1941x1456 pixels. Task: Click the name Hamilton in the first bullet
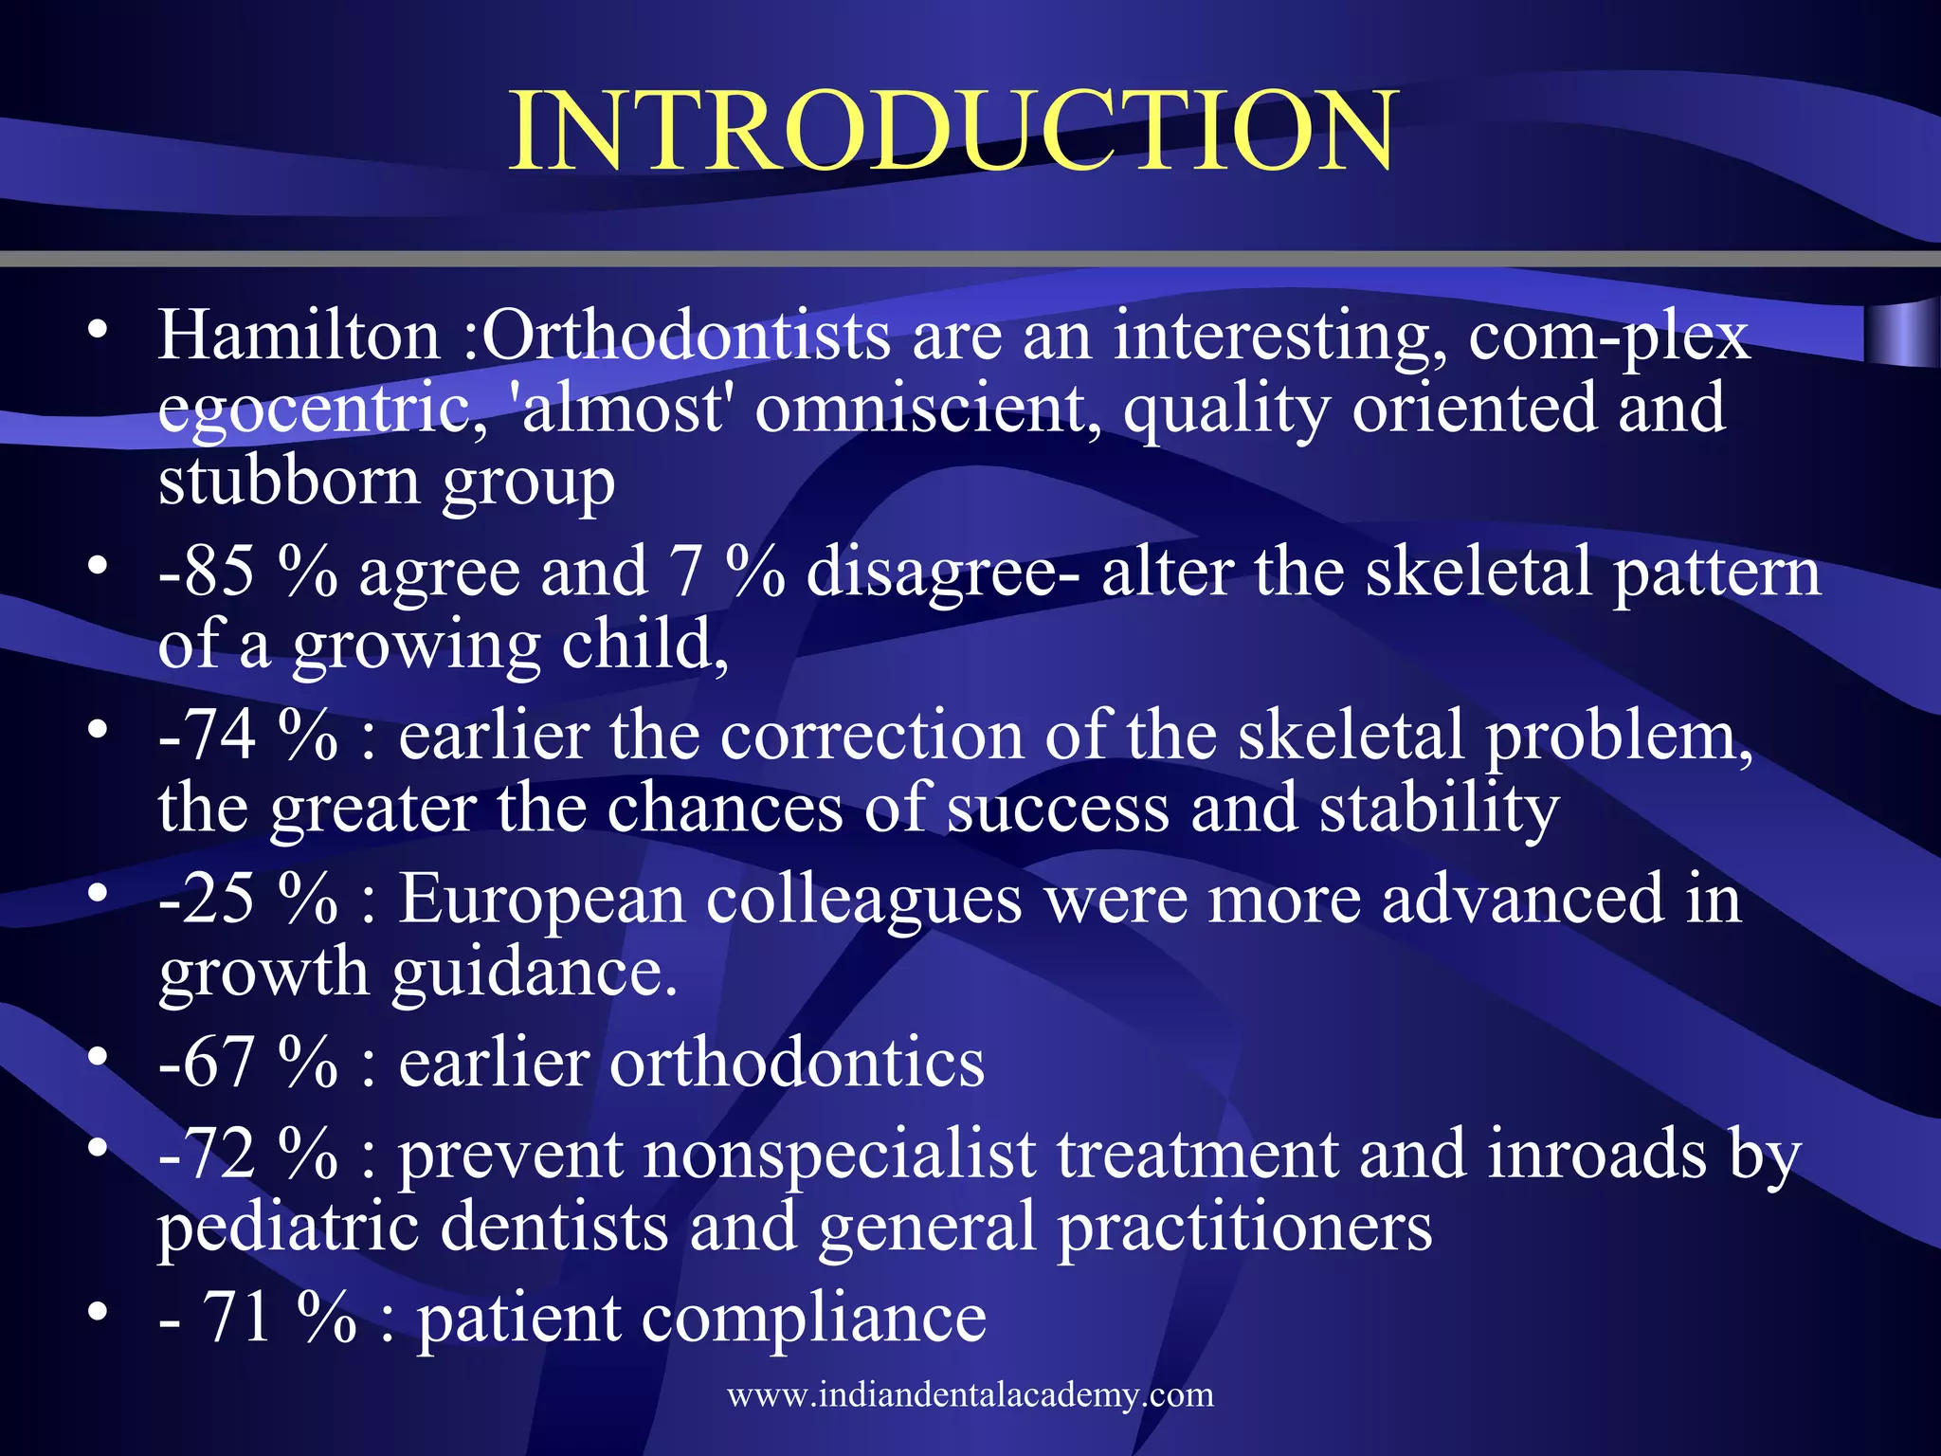point(299,336)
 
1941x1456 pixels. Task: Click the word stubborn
point(288,481)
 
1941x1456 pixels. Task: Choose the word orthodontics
point(796,1063)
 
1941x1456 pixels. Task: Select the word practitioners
point(1243,1228)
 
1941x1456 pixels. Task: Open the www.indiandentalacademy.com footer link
point(970,1394)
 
